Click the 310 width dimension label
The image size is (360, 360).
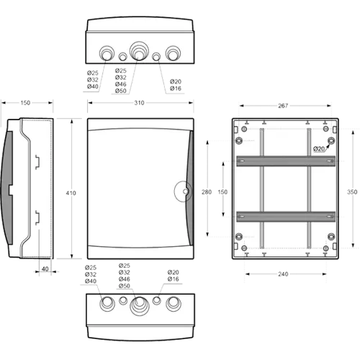[x=139, y=103]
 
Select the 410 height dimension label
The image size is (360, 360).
[x=71, y=193]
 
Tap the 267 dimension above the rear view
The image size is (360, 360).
[x=283, y=106]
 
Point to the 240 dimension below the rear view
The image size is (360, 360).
[x=283, y=274]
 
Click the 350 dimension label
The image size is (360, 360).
[x=352, y=192]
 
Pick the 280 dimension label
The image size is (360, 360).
[x=207, y=192]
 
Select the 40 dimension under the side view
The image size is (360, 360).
[x=45, y=269]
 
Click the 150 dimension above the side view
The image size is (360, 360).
[x=25, y=103]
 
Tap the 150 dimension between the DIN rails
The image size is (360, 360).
[x=222, y=192]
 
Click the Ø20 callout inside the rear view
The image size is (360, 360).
[x=319, y=149]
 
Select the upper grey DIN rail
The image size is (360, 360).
[x=286, y=161]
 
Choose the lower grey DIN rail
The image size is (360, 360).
[x=286, y=217]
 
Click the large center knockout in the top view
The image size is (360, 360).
[x=139, y=51]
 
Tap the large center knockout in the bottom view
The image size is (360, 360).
[x=140, y=306]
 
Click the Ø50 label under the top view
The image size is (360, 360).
[x=120, y=91]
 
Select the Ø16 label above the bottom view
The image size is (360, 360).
[x=174, y=279]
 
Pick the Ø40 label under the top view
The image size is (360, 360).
[x=93, y=86]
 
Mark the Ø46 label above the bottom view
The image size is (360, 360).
[x=125, y=279]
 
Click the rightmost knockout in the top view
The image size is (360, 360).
[x=173, y=53]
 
